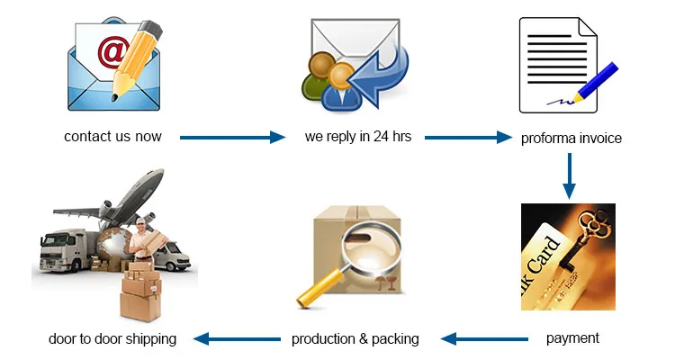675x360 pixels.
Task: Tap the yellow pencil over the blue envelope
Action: click(137, 60)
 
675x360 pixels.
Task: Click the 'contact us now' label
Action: click(112, 137)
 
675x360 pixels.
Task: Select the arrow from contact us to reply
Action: click(232, 138)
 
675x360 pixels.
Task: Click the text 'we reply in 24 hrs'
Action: click(358, 137)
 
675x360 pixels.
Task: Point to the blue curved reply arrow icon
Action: click(379, 74)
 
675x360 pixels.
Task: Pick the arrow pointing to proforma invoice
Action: click(468, 138)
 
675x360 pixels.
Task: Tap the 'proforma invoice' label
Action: click(571, 139)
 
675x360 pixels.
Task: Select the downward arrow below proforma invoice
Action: click(570, 175)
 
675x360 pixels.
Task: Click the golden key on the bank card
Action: click(585, 237)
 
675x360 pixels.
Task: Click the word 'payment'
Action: click(572, 338)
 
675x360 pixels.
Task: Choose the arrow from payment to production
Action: click(484, 339)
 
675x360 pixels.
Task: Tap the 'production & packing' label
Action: click(355, 339)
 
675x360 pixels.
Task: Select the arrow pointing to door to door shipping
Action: click(238, 339)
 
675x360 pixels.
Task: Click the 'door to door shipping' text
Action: click(112, 339)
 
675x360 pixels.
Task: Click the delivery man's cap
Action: click(140, 220)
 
